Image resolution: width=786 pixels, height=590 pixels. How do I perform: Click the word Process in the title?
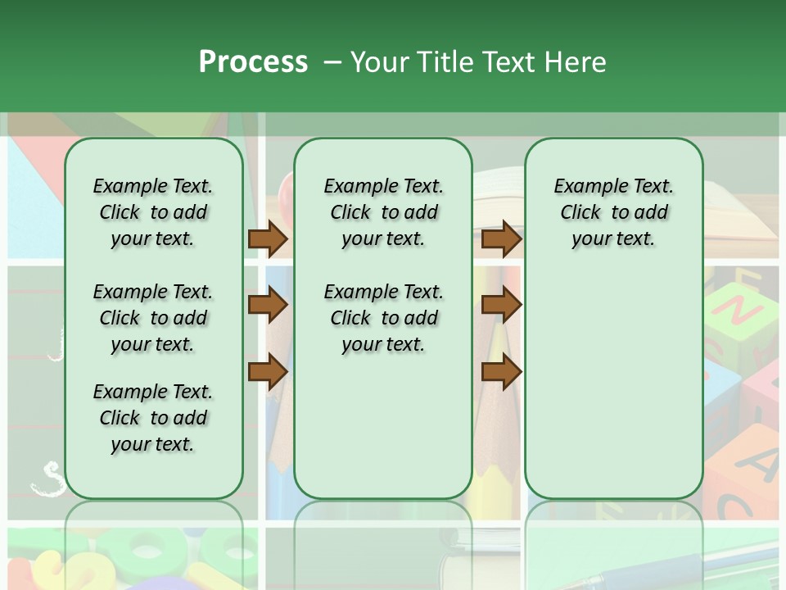click(253, 61)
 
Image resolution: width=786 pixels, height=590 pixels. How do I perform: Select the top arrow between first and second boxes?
click(268, 238)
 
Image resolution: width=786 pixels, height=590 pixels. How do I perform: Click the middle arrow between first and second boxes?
click(268, 306)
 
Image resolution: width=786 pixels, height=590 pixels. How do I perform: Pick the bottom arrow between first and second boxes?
click(268, 372)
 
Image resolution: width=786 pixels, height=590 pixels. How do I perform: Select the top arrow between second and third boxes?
click(501, 238)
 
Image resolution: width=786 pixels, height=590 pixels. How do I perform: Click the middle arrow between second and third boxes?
click(501, 306)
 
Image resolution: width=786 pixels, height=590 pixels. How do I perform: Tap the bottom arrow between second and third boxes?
click(501, 372)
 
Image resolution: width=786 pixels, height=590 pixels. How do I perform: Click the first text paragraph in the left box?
click(153, 212)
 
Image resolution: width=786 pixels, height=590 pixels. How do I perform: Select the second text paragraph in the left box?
click(153, 318)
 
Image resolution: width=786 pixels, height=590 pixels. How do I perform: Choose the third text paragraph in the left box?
click(153, 418)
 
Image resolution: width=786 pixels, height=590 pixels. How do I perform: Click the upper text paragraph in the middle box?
click(383, 212)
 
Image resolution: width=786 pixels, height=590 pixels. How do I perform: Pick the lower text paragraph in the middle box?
click(383, 318)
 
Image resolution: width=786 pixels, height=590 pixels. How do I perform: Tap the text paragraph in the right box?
click(613, 212)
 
